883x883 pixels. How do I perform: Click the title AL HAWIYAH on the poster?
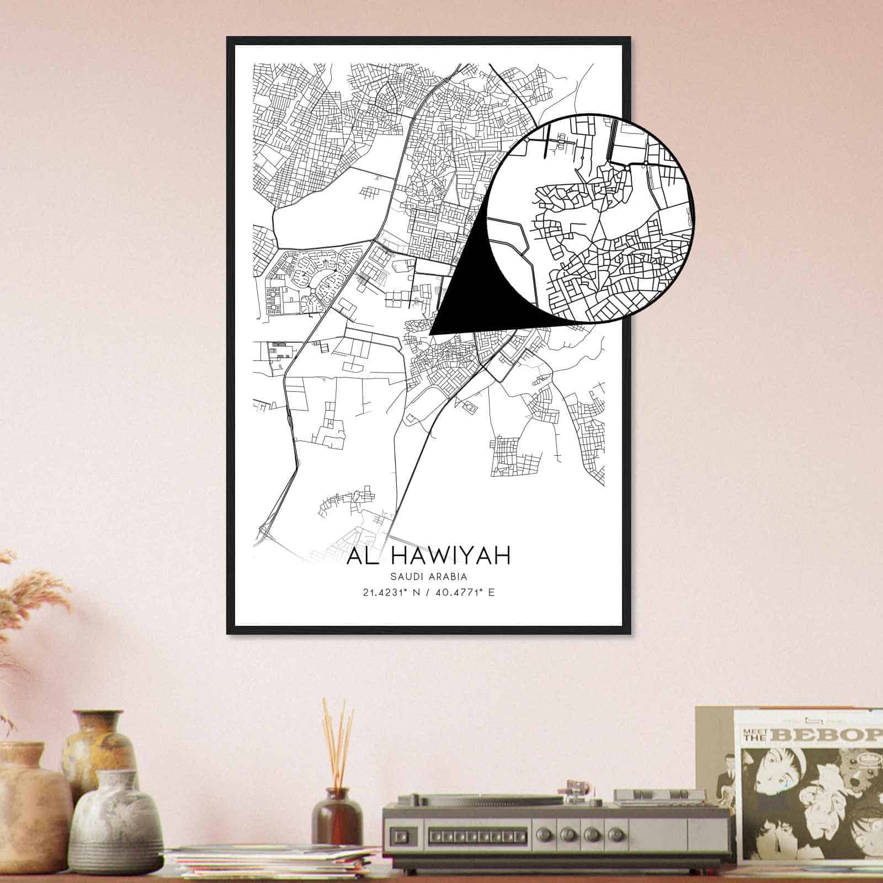pos(428,556)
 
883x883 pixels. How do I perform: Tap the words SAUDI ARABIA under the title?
pos(428,577)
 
